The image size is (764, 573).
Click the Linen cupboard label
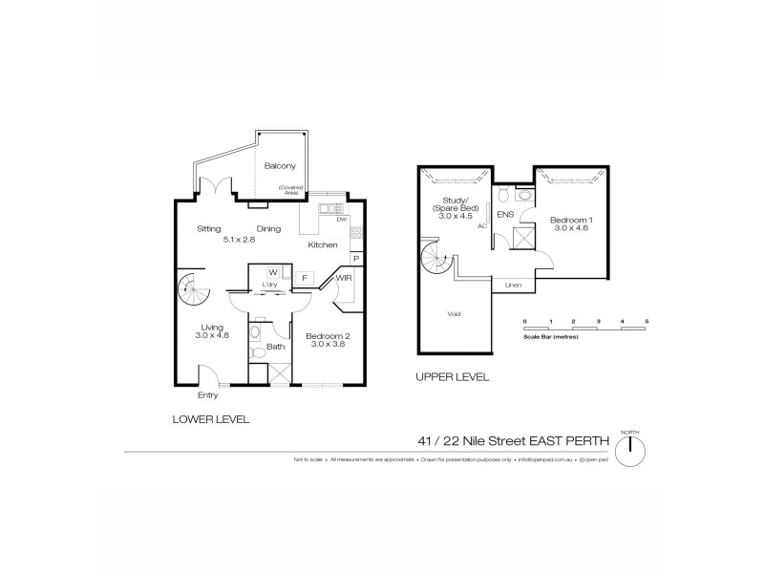[x=513, y=285]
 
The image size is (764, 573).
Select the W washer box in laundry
[x=272, y=272]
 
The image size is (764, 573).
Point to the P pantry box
[x=355, y=258]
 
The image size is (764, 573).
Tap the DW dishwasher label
[x=342, y=221]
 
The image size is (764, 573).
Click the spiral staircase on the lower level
[x=192, y=286]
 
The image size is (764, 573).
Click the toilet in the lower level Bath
[x=256, y=352]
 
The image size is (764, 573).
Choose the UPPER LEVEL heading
[x=452, y=377]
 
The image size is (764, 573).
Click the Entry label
[x=207, y=394]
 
